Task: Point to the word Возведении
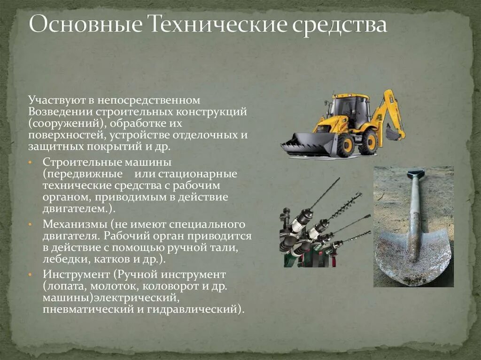tap(60, 112)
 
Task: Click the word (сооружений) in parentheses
tap(64, 123)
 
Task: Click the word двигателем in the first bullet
tap(76, 208)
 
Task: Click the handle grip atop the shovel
tap(415, 174)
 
